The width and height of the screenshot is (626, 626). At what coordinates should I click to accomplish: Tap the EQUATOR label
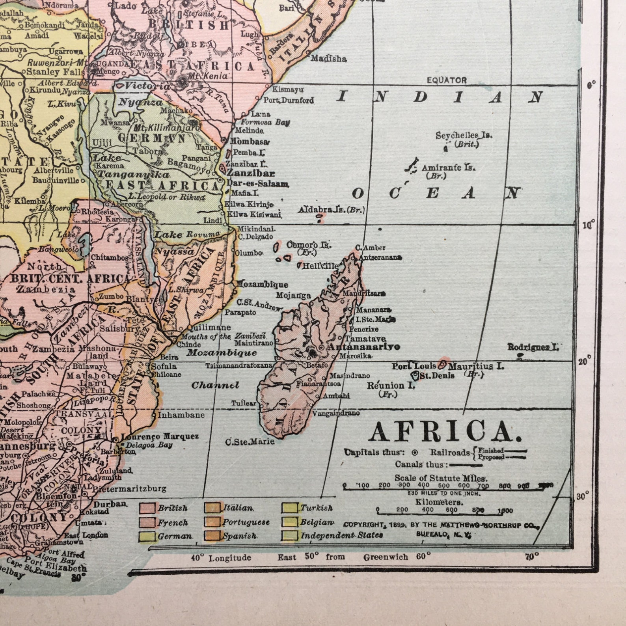click(x=446, y=80)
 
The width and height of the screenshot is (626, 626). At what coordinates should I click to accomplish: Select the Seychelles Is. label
click(x=464, y=136)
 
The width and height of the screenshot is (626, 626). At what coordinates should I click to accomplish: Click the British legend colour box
click(x=147, y=508)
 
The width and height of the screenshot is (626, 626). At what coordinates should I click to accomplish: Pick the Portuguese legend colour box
click(x=212, y=522)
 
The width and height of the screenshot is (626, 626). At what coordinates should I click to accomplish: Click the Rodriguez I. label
click(x=533, y=347)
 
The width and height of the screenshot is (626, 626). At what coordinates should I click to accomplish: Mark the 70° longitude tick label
click(x=532, y=557)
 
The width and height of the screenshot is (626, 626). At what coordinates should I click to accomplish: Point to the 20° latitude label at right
click(x=585, y=361)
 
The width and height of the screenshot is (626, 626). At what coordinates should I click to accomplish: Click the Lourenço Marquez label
click(x=160, y=437)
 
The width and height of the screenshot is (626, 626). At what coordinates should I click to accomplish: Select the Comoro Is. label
click(x=309, y=244)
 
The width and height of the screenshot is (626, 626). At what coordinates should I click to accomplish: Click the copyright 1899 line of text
click(x=441, y=525)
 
